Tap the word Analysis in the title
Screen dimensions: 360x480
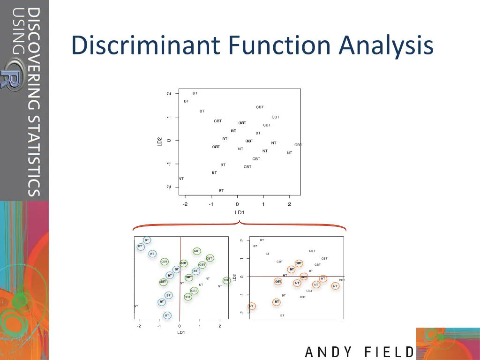coord(386,46)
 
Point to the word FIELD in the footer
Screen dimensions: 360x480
coord(388,352)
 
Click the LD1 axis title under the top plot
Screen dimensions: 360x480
coord(239,212)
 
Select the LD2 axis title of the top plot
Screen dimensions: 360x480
coord(160,141)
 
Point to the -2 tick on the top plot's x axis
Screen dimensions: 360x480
coord(185,204)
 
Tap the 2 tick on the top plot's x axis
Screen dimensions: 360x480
coord(289,204)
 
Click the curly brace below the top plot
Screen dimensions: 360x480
coord(240,225)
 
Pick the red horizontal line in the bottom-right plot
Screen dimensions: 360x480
coord(296,276)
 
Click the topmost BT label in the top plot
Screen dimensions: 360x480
coord(195,93)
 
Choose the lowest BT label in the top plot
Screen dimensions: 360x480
coord(221,191)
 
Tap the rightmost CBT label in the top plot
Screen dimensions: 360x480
coord(298,145)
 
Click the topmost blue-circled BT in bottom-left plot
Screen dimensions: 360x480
coord(147,240)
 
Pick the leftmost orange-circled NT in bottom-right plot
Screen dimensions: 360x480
coord(251,306)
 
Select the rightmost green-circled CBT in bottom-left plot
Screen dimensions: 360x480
coord(226,280)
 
